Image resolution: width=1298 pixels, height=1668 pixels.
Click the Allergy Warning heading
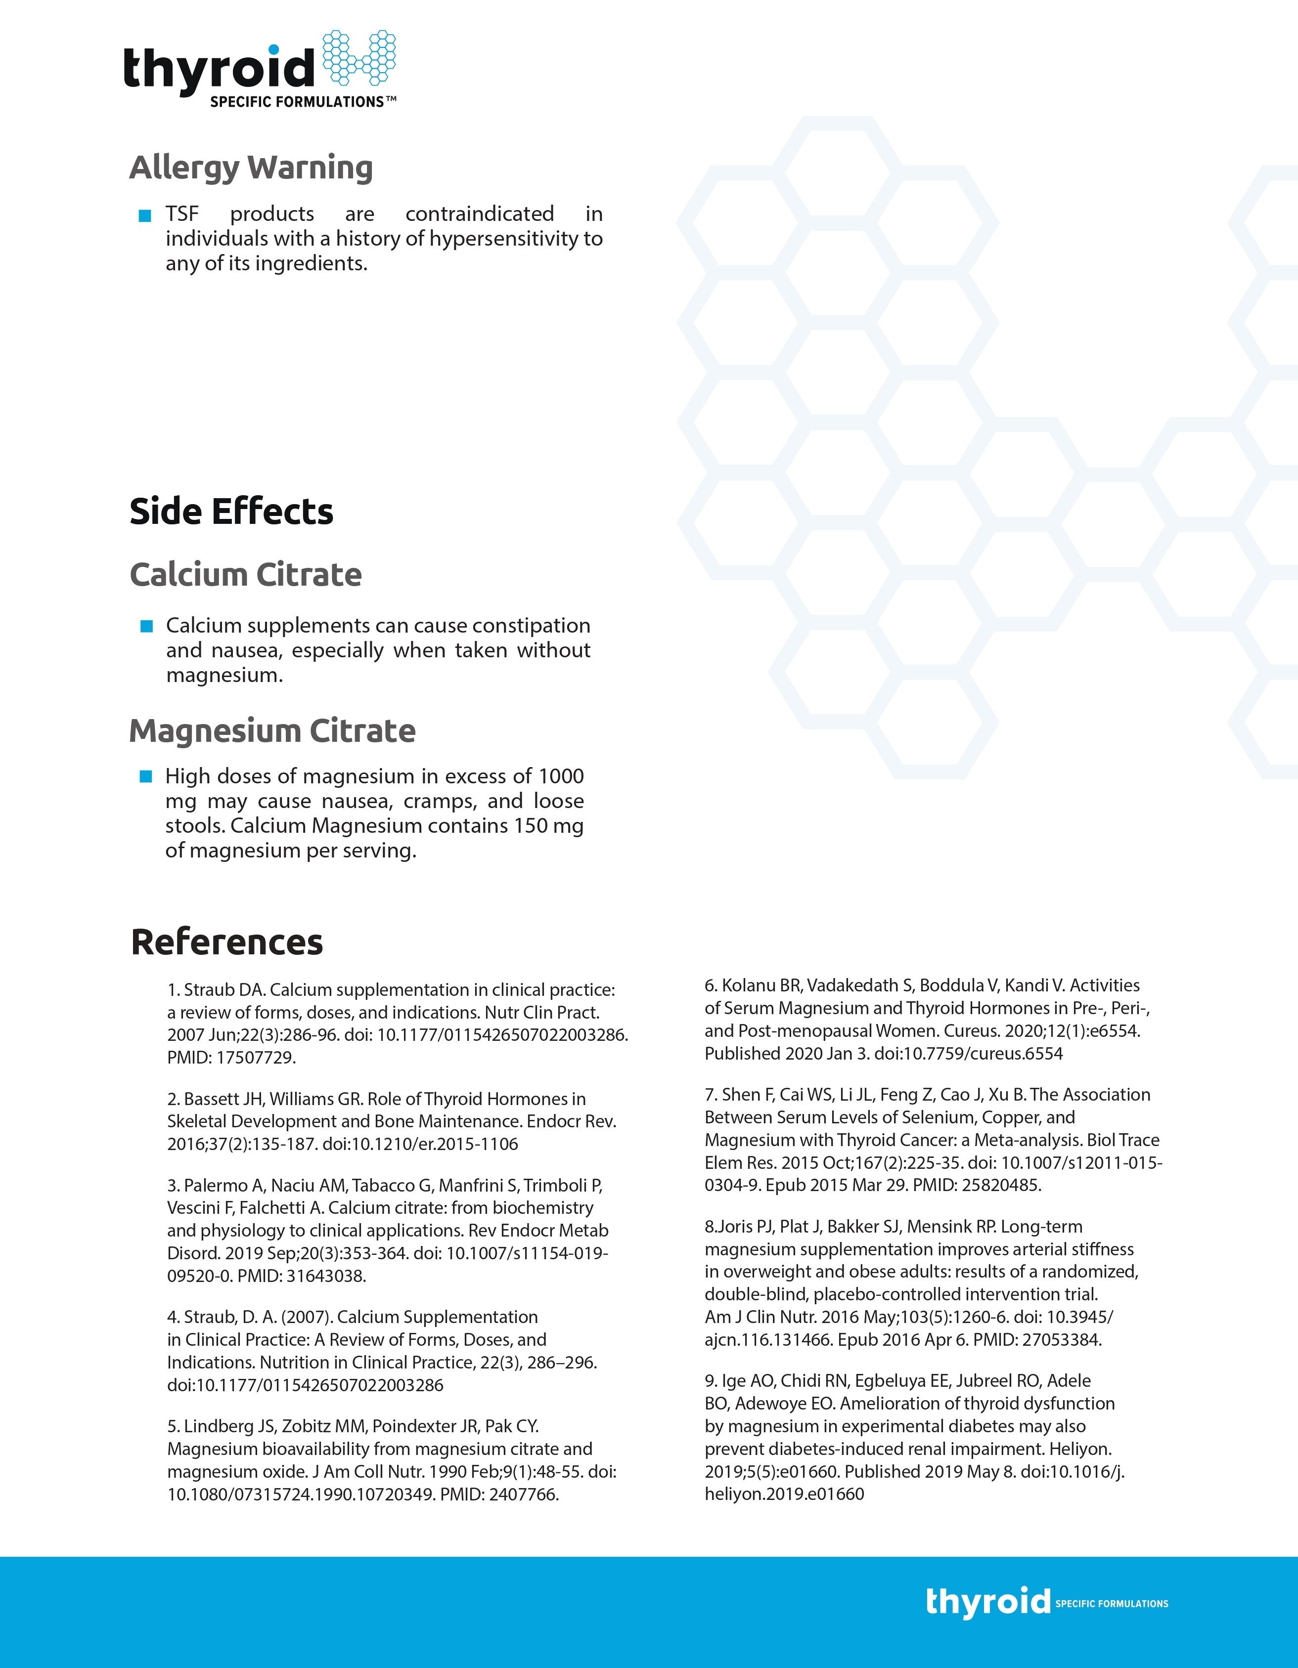click(x=251, y=167)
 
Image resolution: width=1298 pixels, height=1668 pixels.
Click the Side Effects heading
click(x=231, y=512)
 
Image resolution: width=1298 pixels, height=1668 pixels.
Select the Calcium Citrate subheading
click(x=245, y=574)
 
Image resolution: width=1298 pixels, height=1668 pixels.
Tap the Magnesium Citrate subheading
click(x=272, y=731)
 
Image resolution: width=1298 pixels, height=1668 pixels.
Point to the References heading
click(x=227, y=941)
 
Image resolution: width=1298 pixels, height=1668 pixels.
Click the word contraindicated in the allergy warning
click(x=479, y=214)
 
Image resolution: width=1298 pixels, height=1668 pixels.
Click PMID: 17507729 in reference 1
click(x=231, y=1058)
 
